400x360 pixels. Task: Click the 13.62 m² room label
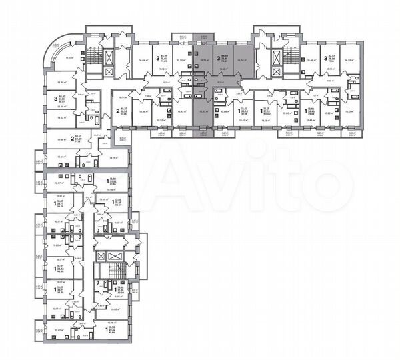(62, 117)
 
